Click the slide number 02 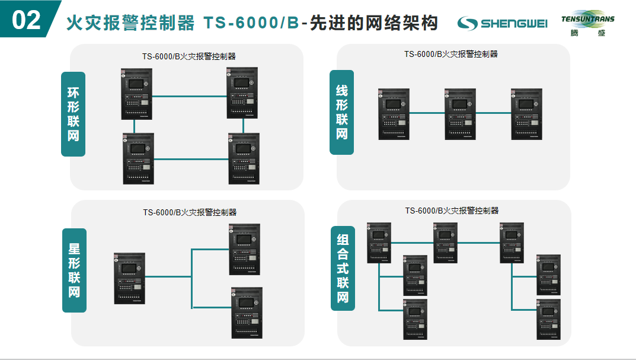26,20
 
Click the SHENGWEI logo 502,23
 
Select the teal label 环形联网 73,114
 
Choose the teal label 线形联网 342,112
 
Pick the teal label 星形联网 74,270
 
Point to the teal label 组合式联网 343,268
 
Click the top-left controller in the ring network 137,94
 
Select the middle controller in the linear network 460,114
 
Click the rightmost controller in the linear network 526,114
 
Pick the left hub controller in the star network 129,278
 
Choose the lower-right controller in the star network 246,313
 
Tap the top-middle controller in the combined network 445,243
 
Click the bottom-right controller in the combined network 548,319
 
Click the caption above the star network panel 190,212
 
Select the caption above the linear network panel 451,54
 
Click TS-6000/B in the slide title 251,23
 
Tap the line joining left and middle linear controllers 427,112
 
